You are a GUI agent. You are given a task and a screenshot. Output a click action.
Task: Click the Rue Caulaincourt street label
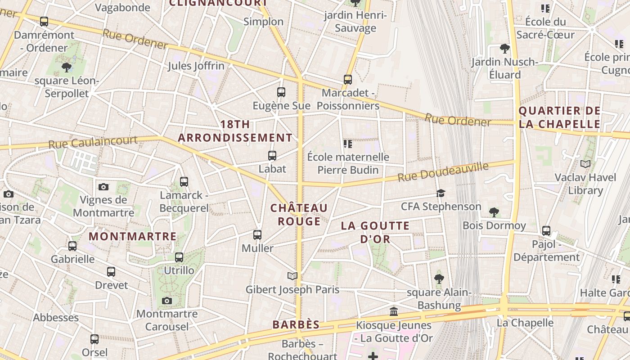(93, 142)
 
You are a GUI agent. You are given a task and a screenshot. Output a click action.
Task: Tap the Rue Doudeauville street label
(443, 172)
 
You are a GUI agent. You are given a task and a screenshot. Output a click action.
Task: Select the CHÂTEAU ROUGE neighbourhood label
(299, 214)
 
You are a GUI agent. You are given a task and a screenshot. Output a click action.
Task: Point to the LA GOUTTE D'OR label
(375, 232)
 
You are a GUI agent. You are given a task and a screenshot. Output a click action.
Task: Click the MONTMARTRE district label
(132, 236)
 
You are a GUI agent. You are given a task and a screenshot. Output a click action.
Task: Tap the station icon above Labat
(272, 156)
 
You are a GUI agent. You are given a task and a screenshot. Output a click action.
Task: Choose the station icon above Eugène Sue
(281, 92)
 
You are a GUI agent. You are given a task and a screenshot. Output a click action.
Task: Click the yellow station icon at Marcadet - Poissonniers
(348, 80)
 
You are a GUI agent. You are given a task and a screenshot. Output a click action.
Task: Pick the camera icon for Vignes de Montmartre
(103, 187)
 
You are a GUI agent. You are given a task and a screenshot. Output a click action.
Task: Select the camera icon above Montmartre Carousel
(167, 301)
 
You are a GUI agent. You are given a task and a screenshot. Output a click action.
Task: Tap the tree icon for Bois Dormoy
(494, 212)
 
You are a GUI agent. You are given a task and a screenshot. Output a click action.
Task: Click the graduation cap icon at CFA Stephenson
(441, 193)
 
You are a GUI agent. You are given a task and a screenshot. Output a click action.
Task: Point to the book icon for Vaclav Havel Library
(585, 164)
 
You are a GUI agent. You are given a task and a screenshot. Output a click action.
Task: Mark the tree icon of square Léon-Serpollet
(67, 67)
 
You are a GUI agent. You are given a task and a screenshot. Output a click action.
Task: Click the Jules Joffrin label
(196, 66)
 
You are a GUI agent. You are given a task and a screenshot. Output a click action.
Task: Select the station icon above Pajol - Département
(546, 231)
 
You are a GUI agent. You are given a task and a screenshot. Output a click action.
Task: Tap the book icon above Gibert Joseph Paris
(292, 276)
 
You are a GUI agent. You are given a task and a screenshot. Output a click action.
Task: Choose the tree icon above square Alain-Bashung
(439, 279)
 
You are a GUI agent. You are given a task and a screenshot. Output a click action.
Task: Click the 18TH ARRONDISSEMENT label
(235, 131)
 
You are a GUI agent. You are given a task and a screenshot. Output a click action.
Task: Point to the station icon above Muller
(257, 234)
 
